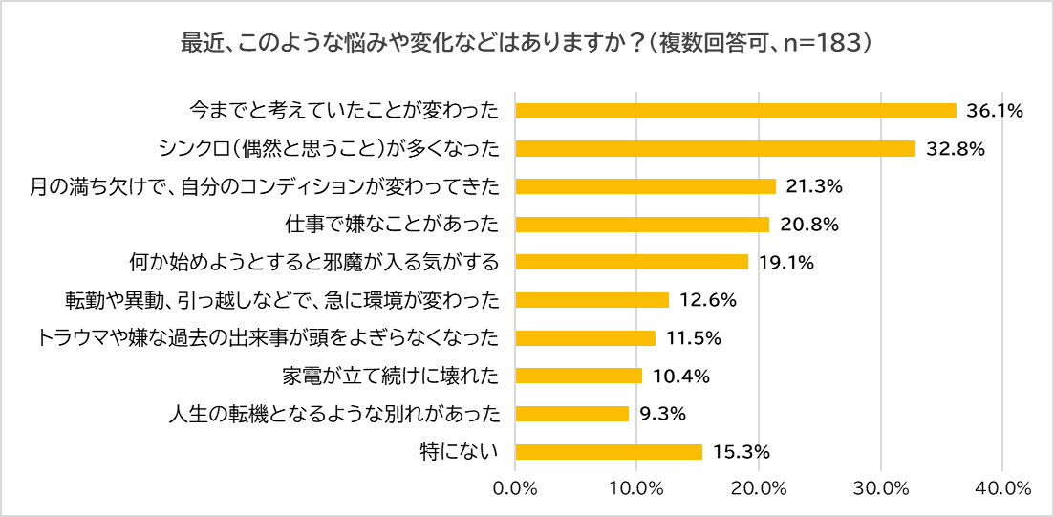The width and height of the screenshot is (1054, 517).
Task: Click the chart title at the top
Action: tap(527, 43)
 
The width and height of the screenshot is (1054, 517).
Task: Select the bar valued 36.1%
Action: tap(736, 111)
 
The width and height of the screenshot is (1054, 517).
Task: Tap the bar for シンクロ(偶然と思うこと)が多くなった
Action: tap(716, 148)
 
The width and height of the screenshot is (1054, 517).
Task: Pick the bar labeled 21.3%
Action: tap(646, 186)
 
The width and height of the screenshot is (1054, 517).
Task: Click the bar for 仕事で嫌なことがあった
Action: tap(642, 225)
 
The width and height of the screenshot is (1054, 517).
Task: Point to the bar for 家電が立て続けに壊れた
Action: tap(579, 376)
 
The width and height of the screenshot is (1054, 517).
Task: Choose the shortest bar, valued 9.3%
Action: tap(572, 414)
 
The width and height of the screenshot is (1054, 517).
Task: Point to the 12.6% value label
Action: tap(707, 300)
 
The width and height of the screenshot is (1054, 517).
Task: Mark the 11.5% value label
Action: tap(693, 338)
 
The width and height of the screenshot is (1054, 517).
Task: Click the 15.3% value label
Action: tap(742, 452)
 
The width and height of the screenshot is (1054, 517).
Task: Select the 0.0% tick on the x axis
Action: tap(516, 488)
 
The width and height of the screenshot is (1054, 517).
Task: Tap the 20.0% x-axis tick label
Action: tap(759, 488)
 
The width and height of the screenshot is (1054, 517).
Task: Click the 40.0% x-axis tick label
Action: tap(1002, 488)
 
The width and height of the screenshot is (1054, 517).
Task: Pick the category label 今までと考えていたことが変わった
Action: tap(344, 111)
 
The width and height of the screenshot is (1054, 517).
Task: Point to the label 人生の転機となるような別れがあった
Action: tap(333, 414)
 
